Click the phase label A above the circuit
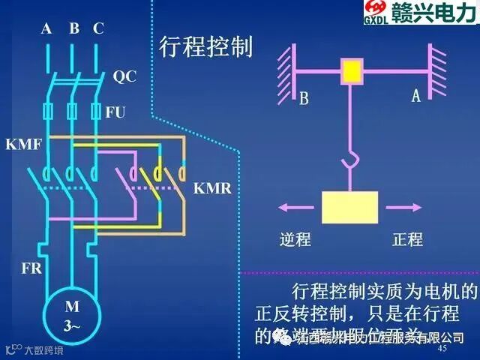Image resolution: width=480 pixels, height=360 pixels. click(x=46, y=29)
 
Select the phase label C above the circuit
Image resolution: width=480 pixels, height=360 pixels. click(x=98, y=29)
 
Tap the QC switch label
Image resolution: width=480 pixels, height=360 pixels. click(x=124, y=76)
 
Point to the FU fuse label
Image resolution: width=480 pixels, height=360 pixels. click(x=115, y=112)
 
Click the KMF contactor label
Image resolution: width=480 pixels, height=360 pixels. click(x=22, y=143)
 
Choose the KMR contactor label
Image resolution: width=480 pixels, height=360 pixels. click(x=213, y=187)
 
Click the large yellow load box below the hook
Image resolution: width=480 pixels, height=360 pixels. click(x=349, y=207)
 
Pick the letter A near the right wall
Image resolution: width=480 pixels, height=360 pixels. click(x=415, y=97)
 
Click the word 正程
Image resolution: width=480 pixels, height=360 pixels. click(x=408, y=240)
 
